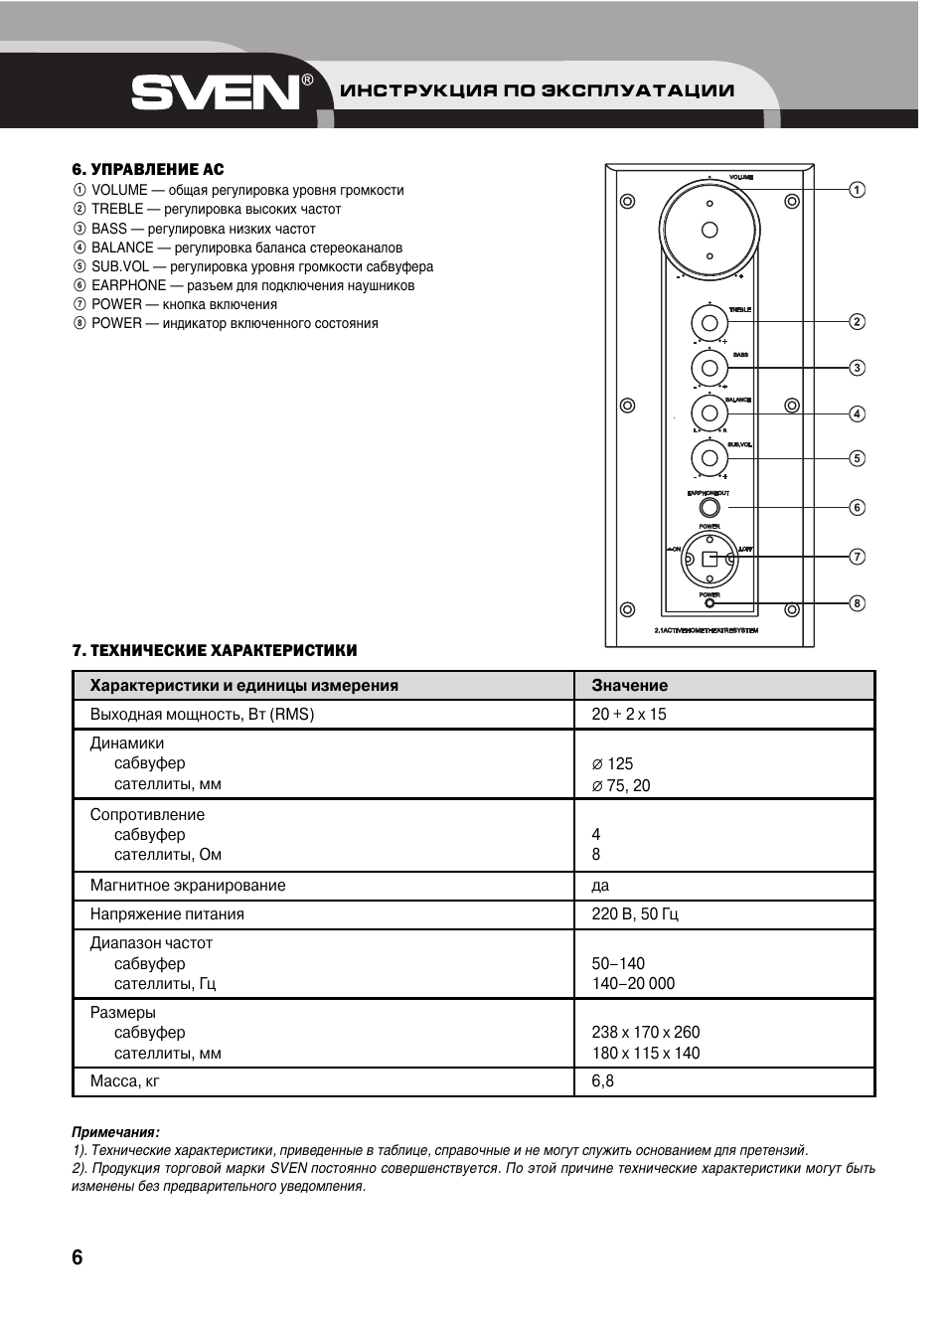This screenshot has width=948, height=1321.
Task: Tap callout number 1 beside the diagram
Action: (857, 190)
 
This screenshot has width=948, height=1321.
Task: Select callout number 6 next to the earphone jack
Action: (857, 508)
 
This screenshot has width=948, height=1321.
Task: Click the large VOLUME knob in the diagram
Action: (710, 230)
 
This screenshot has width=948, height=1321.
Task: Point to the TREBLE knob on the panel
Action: (710, 323)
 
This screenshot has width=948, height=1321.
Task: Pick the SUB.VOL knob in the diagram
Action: (710, 458)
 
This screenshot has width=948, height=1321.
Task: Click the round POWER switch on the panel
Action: (710, 559)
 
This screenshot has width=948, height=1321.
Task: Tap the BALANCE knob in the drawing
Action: (710, 413)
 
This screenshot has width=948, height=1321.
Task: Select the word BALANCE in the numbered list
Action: (122, 248)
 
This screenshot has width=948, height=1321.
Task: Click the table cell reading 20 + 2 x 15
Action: (629, 715)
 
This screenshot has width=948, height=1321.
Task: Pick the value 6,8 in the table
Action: (602, 1081)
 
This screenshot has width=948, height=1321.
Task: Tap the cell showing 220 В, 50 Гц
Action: (635, 914)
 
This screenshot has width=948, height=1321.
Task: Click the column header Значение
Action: (629, 686)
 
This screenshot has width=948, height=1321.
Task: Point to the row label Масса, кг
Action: (124, 1081)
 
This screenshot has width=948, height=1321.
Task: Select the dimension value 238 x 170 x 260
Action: (646, 1033)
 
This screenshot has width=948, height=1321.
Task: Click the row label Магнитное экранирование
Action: (188, 886)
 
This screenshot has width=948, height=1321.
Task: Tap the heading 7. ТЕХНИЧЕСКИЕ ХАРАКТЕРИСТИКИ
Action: (214, 651)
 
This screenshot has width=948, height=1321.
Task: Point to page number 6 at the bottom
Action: (78, 1257)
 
